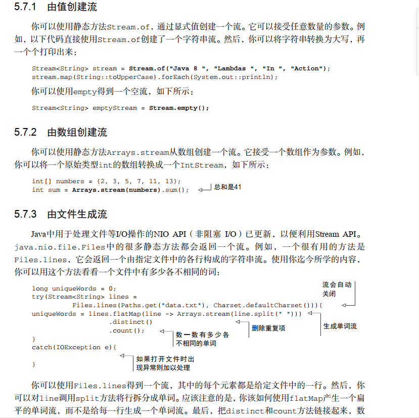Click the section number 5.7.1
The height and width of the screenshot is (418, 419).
pyautogui.click(x=25, y=7)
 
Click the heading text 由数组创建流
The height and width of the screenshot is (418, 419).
pyautogui.click(x=77, y=133)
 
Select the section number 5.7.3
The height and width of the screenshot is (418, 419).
pyautogui.click(x=25, y=214)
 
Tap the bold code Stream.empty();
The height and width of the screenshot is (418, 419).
pyautogui.click(x=179, y=108)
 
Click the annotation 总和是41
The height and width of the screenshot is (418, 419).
pyautogui.click(x=228, y=187)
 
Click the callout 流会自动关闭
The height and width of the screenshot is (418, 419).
pyautogui.click(x=337, y=289)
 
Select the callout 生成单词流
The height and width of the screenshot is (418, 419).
pyautogui.click(x=340, y=326)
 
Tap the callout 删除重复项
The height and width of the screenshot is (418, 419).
pyautogui.click(x=268, y=328)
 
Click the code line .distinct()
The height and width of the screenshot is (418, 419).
pyautogui.click(x=131, y=322)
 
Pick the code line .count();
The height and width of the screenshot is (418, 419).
pyautogui.click(x=127, y=330)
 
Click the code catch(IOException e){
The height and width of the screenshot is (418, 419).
pyautogui.click(x=74, y=347)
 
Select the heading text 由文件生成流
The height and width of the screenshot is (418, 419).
pyautogui.click(x=77, y=214)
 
